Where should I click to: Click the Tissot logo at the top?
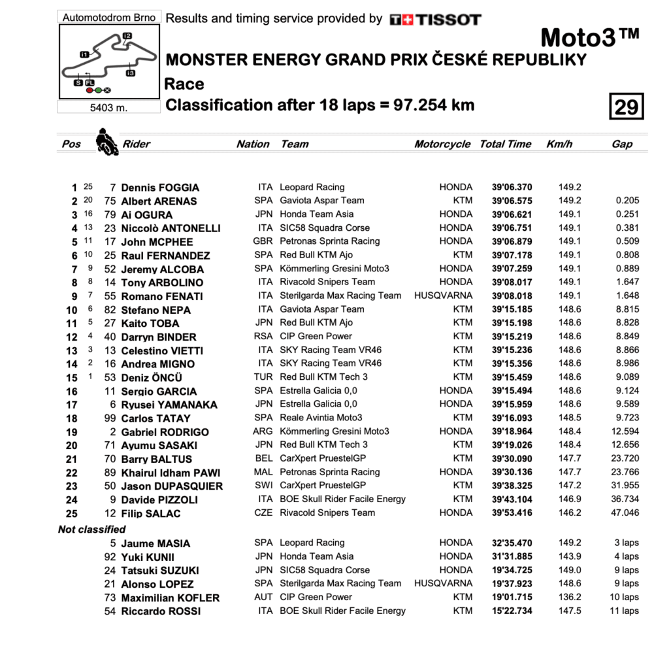[435, 20]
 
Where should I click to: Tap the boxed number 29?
[626, 106]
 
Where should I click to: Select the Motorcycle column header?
[442, 144]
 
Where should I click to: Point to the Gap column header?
[622, 144]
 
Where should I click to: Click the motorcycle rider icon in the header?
[106, 141]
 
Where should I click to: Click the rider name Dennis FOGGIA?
[160, 188]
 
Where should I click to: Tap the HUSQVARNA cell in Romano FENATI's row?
[443, 295]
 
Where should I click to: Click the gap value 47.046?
[625, 513]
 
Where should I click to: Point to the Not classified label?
[91, 529]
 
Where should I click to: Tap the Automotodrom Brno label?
[109, 18]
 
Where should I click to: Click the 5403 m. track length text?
[108, 108]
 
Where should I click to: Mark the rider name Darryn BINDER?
[159, 337]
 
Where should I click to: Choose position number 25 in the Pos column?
[72, 513]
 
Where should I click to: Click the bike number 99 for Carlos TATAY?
[110, 418]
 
